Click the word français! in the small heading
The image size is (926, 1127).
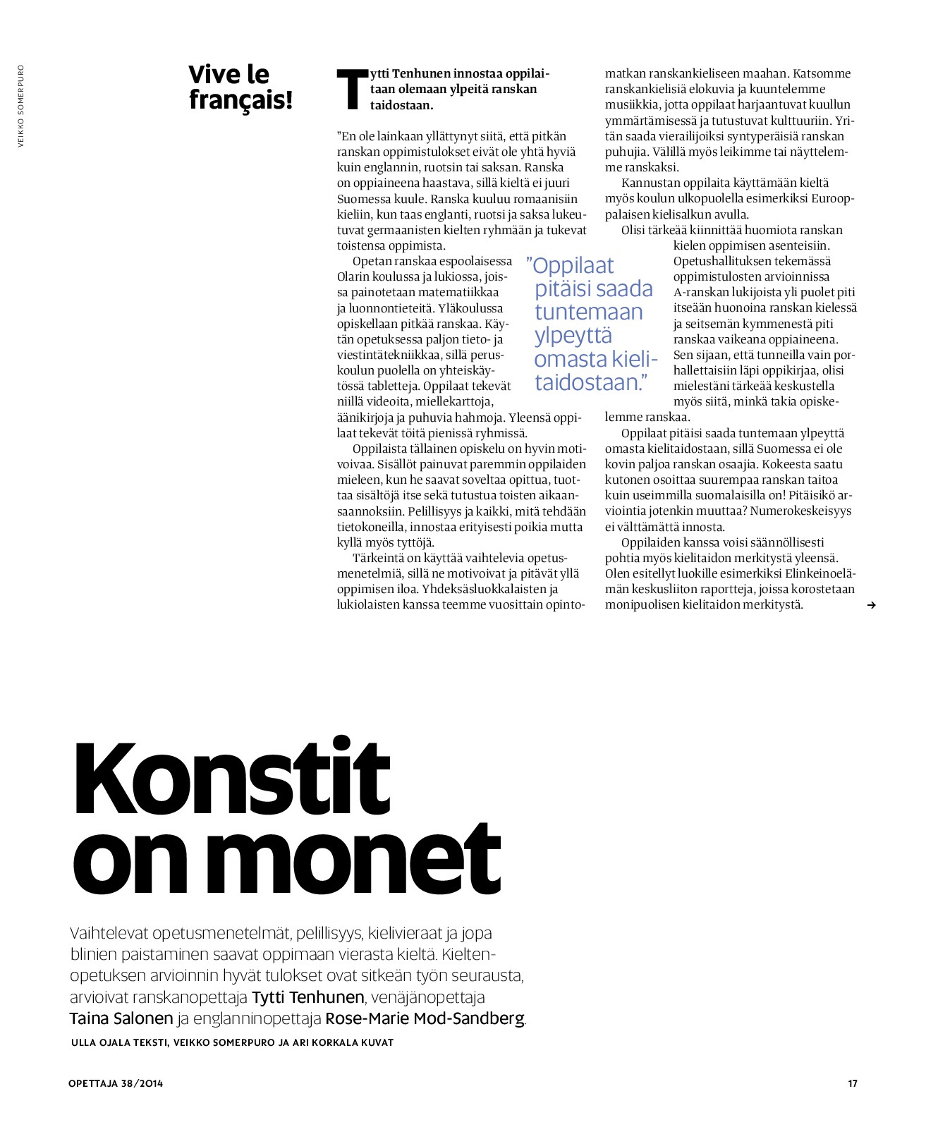pyautogui.click(x=240, y=100)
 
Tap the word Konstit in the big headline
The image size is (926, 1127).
pyautogui.click(x=231, y=778)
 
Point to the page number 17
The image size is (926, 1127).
pyautogui.click(x=852, y=1083)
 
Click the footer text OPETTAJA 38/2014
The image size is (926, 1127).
pyautogui.click(x=116, y=1083)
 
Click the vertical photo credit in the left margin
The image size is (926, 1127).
pyautogui.click(x=21, y=106)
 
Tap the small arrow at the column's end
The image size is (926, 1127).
pyautogui.click(x=872, y=605)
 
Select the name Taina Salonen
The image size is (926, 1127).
pyautogui.click(x=121, y=1018)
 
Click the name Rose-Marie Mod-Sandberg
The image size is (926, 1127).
pyautogui.click(x=425, y=1018)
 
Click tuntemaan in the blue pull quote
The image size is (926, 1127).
pyautogui.click(x=589, y=312)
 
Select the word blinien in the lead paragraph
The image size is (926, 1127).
pyautogui.click(x=95, y=955)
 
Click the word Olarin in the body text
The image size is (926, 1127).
pyautogui.click(x=354, y=277)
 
